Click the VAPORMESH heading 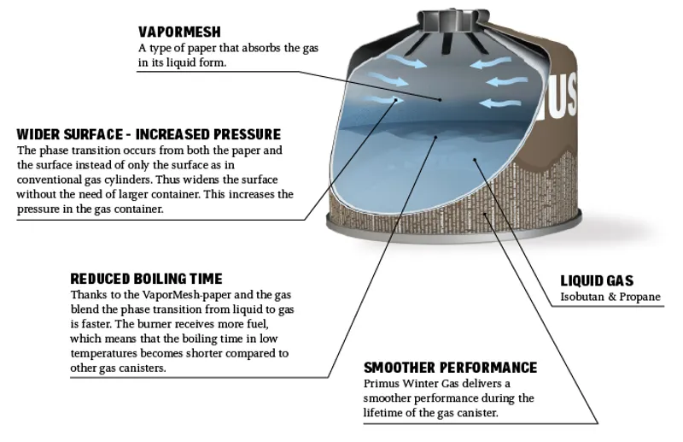coord(179,32)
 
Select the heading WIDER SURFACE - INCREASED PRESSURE coord(149,135)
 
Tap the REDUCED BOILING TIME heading coord(146,279)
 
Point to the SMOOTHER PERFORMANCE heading coord(450,368)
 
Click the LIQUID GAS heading coord(597,280)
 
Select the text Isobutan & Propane coord(610,297)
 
